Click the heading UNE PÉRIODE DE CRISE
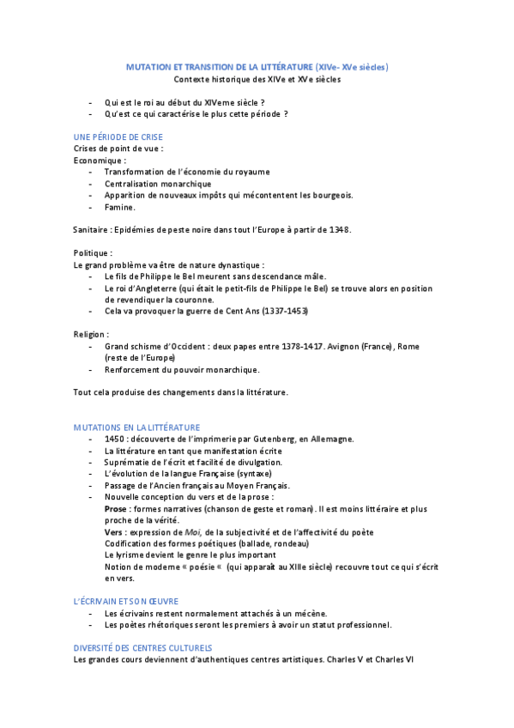click(x=118, y=136)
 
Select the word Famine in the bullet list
click(x=119, y=207)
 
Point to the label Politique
click(x=92, y=253)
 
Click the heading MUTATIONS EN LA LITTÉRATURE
click(x=136, y=427)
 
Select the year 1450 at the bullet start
click(x=115, y=439)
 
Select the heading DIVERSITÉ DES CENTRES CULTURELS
click(x=142, y=647)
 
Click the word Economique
click(x=99, y=160)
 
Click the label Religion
click(x=91, y=334)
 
